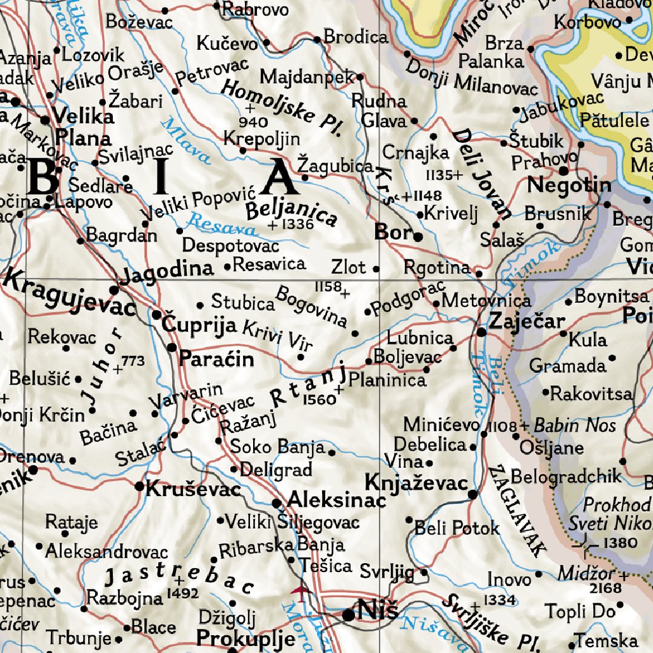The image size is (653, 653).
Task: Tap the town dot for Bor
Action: click(x=418, y=237)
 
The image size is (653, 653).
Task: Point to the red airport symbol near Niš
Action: click(x=299, y=591)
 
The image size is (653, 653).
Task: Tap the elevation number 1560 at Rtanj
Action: click(x=319, y=399)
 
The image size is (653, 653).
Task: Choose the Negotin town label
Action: click(x=569, y=186)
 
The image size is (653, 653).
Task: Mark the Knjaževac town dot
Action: click(x=473, y=494)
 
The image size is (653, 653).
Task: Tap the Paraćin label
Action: click(x=216, y=359)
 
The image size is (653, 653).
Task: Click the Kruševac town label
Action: click(x=193, y=489)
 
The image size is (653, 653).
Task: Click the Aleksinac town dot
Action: click(x=276, y=503)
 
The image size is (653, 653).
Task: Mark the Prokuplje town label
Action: click(x=246, y=638)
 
